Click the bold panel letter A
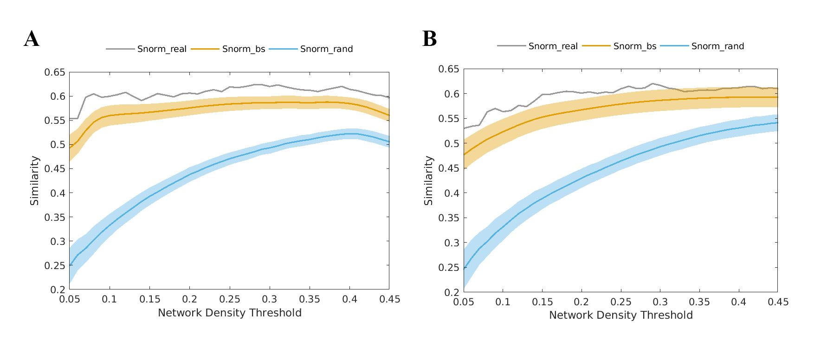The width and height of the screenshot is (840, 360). pyautogui.click(x=32, y=39)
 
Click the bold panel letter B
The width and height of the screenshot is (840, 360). pyautogui.click(x=429, y=39)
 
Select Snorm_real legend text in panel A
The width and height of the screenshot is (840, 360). pyautogui.click(x=162, y=49)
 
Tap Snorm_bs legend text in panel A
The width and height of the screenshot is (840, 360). pyautogui.click(x=244, y=49)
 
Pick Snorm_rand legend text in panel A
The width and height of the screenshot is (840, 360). pyautogui.click(x=326, y=49)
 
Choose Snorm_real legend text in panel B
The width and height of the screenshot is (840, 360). pyautogui.click(x=553, y=46)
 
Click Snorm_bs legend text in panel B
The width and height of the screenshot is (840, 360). pyautogui.click(x=635, y=46)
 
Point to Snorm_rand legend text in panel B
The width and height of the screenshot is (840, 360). pyautogui.click(x=717, y=46)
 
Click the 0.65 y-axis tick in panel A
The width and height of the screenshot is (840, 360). pyautogui.click(x=55, y=72)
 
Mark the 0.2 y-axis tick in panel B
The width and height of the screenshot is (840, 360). pyautogui.click(x=452, y=292)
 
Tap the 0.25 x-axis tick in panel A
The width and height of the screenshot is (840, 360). pyautogui.click(x=230, y=300)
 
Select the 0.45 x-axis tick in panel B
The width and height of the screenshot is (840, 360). pyautogui.click(x=778, y=302)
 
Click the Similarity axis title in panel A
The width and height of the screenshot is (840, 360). pyautogui.click(x=35, y=180)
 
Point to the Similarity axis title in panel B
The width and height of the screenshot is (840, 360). pyautogui.click(x=428, y=180)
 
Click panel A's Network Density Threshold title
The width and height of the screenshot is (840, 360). pyautogui.click(x=230, y=313)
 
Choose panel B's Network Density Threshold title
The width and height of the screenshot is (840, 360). pyautogui.click(x=621, y=315)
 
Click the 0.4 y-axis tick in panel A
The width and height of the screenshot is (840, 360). pyautogui.click(x=58, y=193)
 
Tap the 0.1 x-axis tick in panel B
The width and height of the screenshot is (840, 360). pyautogui.click(x=503, y=302)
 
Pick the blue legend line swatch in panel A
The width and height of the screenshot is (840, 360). pyautogui.click(x=283, y=49)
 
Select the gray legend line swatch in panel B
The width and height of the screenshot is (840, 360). pyautogui.click(x=511, y=46)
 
